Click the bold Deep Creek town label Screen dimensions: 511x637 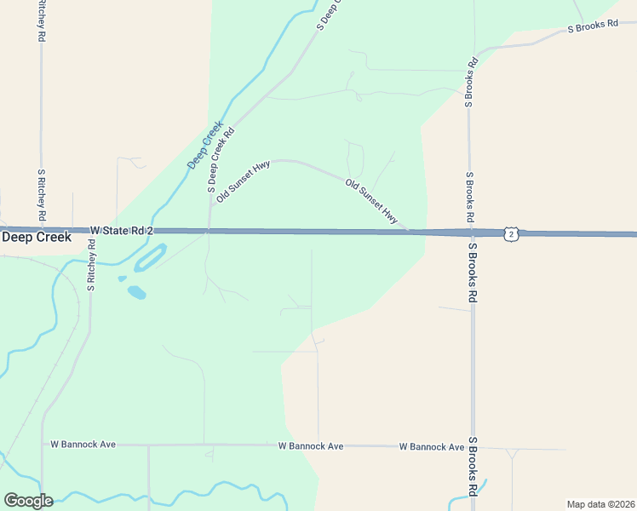point(30,238)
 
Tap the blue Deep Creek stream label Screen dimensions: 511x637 point(205,143)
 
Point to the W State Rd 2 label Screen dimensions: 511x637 point(121,231)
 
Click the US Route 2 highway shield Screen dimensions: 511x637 point(510,233)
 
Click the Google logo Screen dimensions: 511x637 point(28,501)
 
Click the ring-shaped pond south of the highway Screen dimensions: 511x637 point(149,258)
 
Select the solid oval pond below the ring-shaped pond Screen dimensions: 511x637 point(136,293)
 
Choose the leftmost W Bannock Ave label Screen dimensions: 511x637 point(83,445)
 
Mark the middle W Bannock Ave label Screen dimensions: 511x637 point(311,446)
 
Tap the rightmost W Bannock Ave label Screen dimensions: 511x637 point(432,446)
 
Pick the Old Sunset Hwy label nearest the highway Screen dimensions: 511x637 point(371,201)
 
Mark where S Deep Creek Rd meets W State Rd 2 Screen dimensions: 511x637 point(209,231)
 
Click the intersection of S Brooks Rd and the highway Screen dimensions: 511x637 point(471,232)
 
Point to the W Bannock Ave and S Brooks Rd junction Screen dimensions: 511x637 point(473,447)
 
